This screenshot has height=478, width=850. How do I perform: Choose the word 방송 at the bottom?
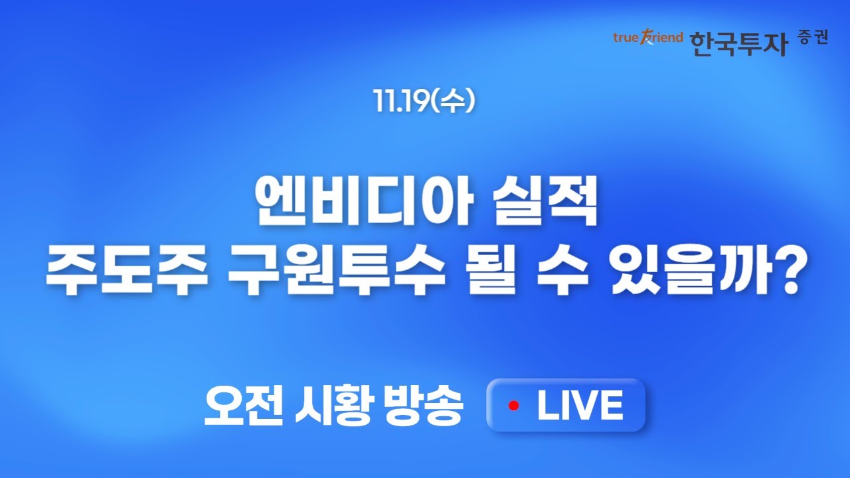(423, 406)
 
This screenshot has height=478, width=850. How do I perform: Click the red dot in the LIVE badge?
(513, 406)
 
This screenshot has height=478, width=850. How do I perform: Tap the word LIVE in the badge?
(580, 406)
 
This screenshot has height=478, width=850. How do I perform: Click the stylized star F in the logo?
(646, 38)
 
